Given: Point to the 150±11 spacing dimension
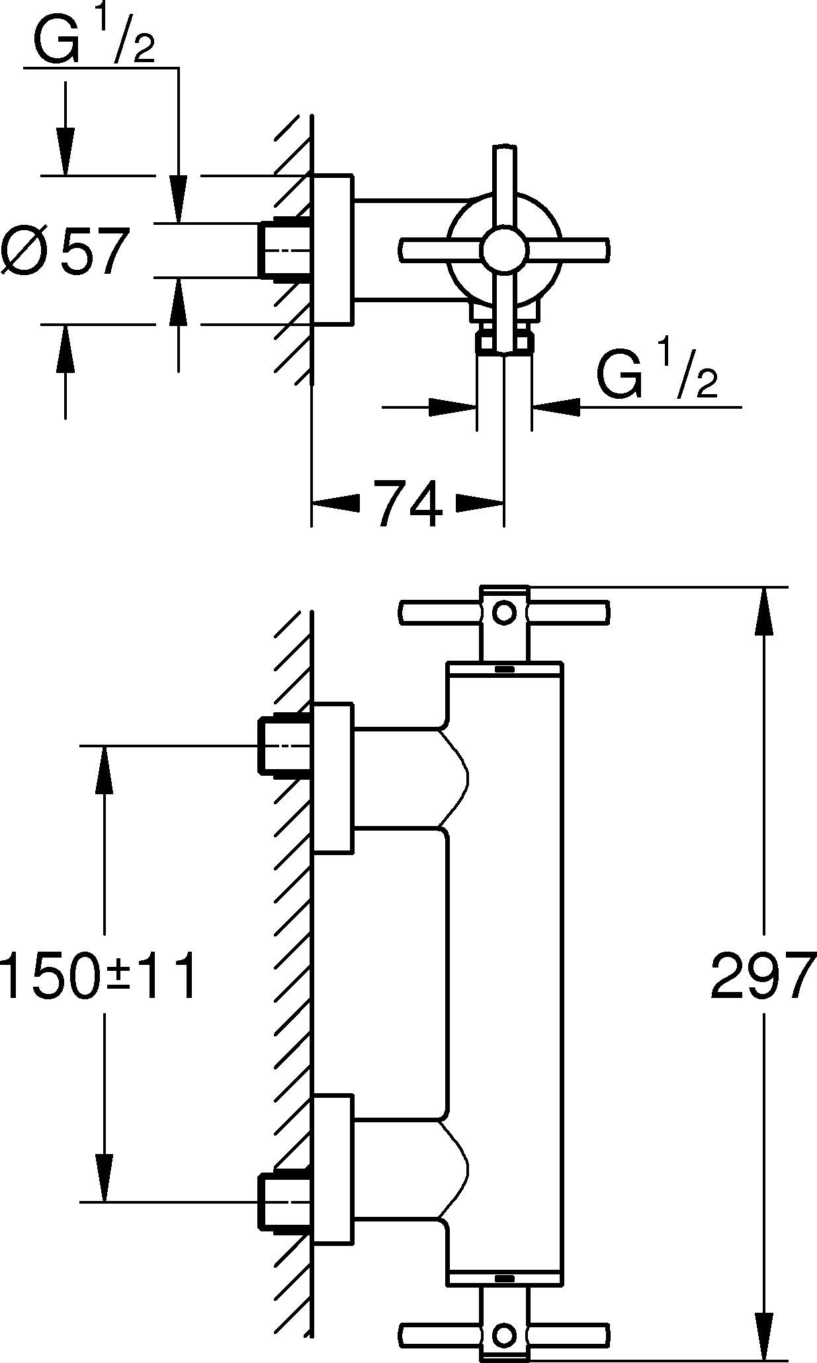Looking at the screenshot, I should (x=99, y=975).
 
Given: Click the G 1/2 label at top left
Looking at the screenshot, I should (x=93, y=41).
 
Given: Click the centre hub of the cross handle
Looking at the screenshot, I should (x=504, y=250).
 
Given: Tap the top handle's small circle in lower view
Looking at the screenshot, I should (x=504, y=612).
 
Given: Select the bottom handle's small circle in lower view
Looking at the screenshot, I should (x=504, y=1335).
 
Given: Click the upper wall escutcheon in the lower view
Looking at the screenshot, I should (x=333, y=778).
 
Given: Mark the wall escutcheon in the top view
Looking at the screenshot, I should (x=333, y=250).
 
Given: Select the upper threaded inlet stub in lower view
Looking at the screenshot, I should (x=283, y=745).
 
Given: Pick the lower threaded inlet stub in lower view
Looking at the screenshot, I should (x=283, y=1202).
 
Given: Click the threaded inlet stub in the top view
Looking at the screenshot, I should (x=283, y=250).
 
